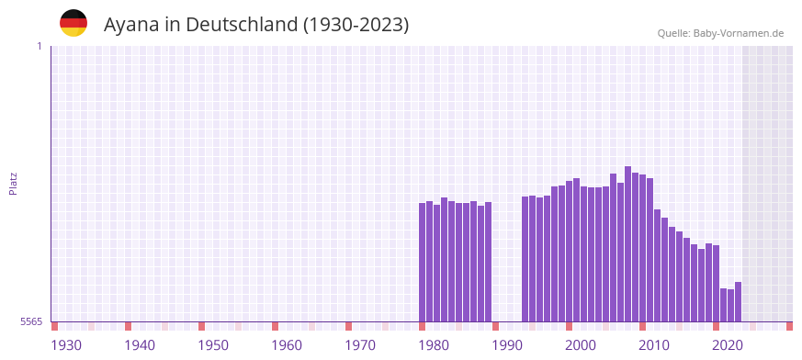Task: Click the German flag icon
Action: pos(73,23)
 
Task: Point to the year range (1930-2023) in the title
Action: pos(356,25)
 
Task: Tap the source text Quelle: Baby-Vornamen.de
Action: pos(720,33)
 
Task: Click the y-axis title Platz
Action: pos(13,183)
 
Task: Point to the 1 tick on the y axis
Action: pos(39,46)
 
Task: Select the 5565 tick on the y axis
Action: pos(30,321)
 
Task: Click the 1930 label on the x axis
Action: pos(66,345)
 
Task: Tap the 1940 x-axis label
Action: pos(140,345)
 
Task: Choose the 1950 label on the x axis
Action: pos(213,345)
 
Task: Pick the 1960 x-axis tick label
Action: pos(287,345)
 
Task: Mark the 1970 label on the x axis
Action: pos(360,345)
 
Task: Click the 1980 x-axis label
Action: pos(434,345)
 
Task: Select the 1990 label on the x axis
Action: pos(507,345)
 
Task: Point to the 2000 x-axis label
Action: pos(581,345)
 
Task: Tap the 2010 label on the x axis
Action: pos(654,345)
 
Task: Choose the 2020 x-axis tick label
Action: pos(728,345)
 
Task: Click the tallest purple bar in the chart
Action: pos(627,243)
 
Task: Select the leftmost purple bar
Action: pos(422,262)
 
